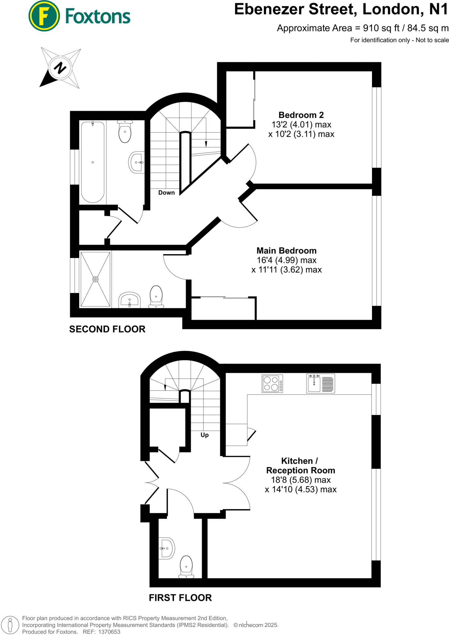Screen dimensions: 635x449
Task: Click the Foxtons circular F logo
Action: (x=44, y=16)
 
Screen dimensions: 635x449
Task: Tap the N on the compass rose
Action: (x=60, y=67)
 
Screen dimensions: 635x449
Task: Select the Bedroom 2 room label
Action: (x=301, y=115)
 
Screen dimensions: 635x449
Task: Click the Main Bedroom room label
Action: (x=286, y=251)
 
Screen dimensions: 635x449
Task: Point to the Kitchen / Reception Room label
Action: (x=301, y=465)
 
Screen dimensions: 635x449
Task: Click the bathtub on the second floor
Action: (x=93, y=162)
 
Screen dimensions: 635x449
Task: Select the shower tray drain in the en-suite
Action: (x=95, y=279)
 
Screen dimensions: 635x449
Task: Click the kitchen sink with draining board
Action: (x=320, y=384)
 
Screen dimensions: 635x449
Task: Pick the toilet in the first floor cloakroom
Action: (x=186, y=567)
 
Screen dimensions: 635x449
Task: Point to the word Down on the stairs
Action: (x=166, y=193)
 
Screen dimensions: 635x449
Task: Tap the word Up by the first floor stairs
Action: (x=205, y=435)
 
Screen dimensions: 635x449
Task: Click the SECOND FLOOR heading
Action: (x=107, y=329)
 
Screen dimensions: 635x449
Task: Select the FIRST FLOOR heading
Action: (x=180, y=598)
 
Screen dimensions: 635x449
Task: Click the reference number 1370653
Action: (x=109, y=632)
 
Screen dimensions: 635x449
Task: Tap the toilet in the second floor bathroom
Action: (x=125, y=131)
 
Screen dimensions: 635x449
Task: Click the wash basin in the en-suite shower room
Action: (x=129, y=300)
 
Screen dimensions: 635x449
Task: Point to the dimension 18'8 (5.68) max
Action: (x=301, y=480)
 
